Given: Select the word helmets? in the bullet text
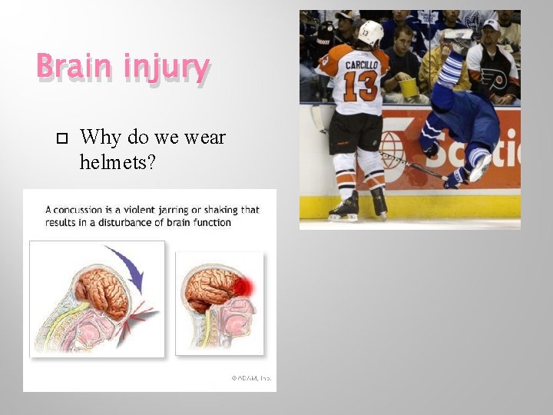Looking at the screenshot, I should click(118, 161).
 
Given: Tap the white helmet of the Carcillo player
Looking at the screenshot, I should click(371, 32).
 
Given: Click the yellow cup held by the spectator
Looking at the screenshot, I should click(409, 88).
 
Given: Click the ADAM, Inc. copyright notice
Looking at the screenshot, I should click(251, 378).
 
